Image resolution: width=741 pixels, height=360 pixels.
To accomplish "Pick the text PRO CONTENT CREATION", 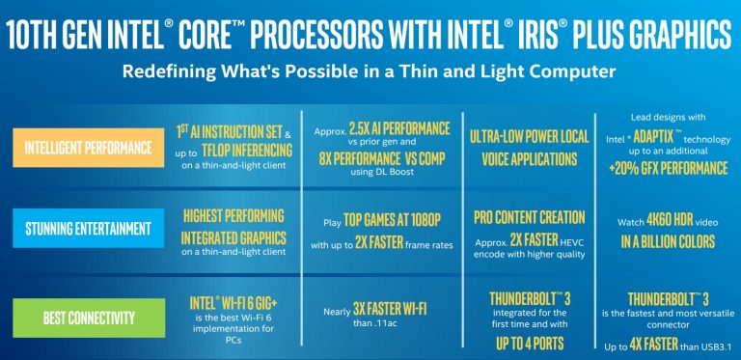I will click(x=530, y=217).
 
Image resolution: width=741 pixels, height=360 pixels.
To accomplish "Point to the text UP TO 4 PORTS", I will click(x=530, y=342).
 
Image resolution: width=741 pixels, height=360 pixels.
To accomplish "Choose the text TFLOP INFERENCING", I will click(x=247, y=149).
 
